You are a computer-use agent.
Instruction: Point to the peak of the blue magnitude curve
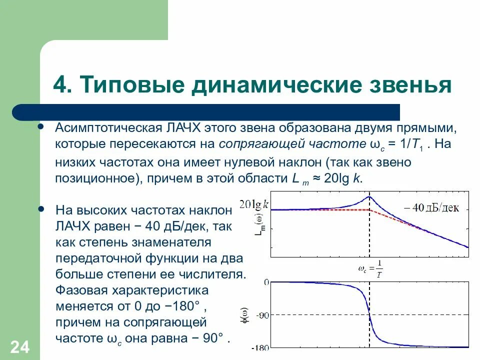pos(369,196)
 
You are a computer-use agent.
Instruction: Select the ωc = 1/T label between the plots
pos(370,269)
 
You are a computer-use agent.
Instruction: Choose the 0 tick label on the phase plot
pos(267,282)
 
